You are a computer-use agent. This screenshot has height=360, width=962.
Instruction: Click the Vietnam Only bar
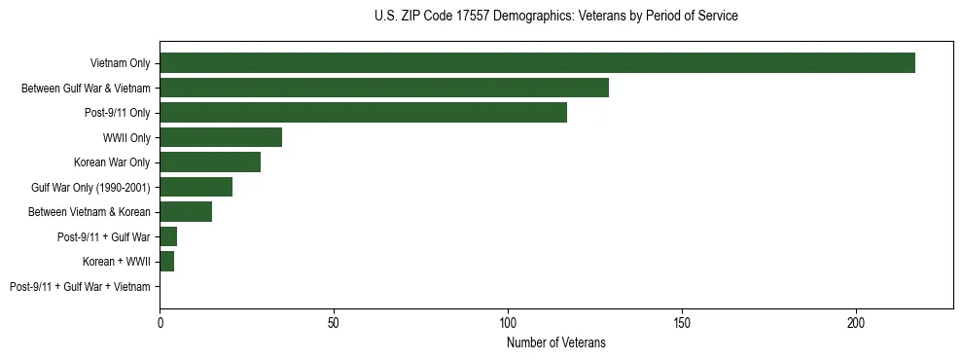coord(537,63)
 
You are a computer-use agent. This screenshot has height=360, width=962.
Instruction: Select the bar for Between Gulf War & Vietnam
coord(384,88)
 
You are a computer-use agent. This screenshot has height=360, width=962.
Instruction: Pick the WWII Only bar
coord(221,137)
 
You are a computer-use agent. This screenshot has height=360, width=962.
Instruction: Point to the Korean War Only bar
coord(210,162)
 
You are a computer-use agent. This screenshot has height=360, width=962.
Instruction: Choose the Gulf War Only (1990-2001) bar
coord(196,187)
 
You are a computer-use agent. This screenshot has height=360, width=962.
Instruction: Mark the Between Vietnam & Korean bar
coord(186,212)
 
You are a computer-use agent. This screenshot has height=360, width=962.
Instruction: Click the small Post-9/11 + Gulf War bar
coord(168,236)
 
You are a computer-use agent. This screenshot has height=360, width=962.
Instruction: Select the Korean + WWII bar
coord(166,262)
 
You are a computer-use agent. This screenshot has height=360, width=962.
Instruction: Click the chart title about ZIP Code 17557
coord(555,17)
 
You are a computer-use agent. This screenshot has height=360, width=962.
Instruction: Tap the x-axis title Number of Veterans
coord(555,342)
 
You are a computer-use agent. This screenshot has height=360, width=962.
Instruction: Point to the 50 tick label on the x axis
coord(334,321)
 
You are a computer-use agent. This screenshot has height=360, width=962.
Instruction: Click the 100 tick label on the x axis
coord(508,321)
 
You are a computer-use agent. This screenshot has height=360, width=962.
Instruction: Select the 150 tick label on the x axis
coord(682,321)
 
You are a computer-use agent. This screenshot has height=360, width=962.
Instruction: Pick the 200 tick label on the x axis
coord(856,321)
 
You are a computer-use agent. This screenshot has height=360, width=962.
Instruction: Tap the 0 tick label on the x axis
coord(160,321)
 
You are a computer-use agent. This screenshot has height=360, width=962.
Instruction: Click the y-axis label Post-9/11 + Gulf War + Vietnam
coord(80,287)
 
